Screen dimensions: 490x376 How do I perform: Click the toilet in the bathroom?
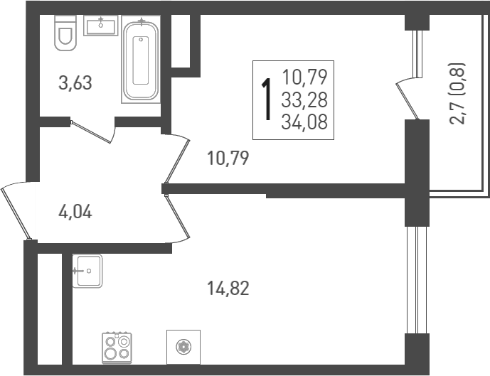[x=65, y=33]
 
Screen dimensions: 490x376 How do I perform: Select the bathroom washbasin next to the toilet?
[x=100, y=26]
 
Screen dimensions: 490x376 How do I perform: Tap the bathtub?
[x=141, y=60]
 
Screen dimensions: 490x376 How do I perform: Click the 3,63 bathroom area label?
[x=75, y=83]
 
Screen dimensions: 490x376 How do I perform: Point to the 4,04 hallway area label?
[x=75, y=213]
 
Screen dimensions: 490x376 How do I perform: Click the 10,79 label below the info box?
[x=228, y=158]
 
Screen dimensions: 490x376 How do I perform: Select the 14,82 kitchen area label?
[x=228, y=289]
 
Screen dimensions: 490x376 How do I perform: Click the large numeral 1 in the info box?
[x=267, y=100]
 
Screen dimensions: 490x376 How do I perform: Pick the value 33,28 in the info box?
[x=304, y=100]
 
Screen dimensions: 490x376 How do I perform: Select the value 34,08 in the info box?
[x=304, y=122]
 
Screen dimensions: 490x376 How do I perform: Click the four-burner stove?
[x=117, y=348]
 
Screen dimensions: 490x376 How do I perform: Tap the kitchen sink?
[x=87, y=271]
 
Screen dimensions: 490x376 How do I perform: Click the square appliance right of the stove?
[x=183, y=347]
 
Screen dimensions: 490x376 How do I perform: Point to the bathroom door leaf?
[x=90, y=132]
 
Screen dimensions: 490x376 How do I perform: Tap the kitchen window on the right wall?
[x=417, y=280]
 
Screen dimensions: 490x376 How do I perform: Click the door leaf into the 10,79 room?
[x=177, y=161]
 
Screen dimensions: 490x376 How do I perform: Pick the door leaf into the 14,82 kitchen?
[x=178, y=216]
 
